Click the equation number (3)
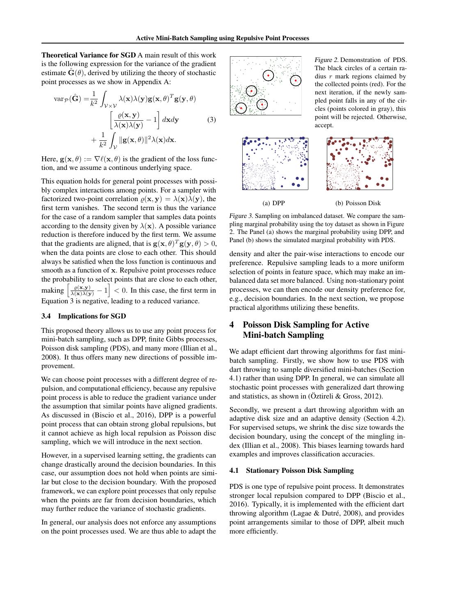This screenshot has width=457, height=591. tap(211, 120)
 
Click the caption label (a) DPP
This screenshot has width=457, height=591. tap(273, 203)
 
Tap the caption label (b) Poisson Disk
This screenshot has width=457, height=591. tap(358, 203)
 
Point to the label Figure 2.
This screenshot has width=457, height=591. tap(326, 60)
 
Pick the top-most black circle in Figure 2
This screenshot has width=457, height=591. tap(268, 76)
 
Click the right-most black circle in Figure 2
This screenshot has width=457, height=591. tap(296, 80)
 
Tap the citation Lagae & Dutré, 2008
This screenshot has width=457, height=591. tap(317, 513)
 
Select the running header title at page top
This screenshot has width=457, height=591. tap(223, 38)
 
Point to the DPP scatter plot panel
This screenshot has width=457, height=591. tap(275, 164)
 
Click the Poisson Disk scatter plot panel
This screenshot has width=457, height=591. tap(360, 164)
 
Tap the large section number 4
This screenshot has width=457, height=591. tap(232, 325)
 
